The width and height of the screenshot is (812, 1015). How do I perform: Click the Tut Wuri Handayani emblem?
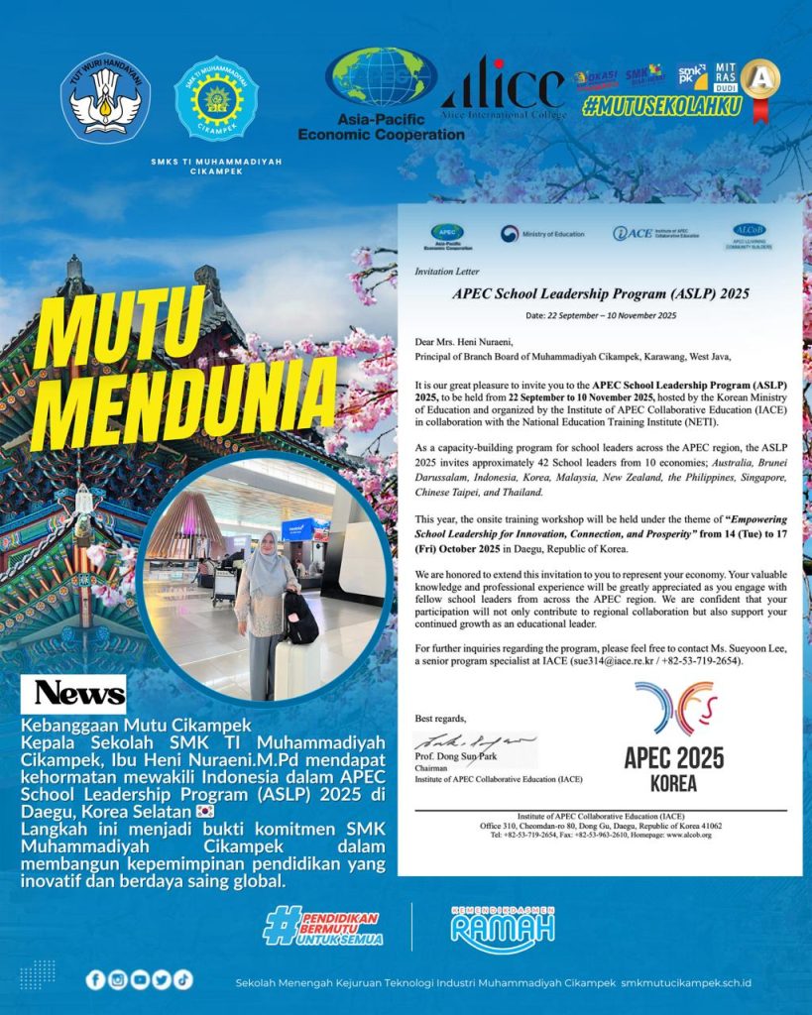click(x=105, y=98)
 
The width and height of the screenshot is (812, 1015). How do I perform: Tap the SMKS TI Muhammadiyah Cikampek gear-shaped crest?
click(x=216, y=99)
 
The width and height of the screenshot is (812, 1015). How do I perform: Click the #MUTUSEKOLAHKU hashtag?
click(x=661, y=107)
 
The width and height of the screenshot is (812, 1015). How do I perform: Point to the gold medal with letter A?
click(x=760, y=79)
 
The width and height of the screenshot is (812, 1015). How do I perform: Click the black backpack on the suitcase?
click(x=299, y=617)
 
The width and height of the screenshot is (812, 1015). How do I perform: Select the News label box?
click(x=79, y=693)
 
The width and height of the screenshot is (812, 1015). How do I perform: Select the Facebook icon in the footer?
click(x=95, y=979)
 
